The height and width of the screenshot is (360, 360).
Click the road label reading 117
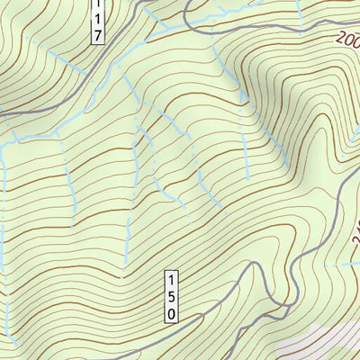[x=98, y=21]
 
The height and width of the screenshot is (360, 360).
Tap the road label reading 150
[x=171, y=294]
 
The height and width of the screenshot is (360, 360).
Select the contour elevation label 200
[x=349, y=40]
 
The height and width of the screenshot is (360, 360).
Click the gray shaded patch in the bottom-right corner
[x=328, y=346]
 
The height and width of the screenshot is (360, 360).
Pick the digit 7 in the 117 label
[x=98, y=35]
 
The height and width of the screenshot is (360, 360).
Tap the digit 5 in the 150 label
[x=171, y=294]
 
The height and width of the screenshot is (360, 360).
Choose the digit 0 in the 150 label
[x=171, y=311]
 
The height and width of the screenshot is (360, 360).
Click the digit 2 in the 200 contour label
[x=344, y=37]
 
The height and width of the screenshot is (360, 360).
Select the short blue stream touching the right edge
[x=346, y=265]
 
